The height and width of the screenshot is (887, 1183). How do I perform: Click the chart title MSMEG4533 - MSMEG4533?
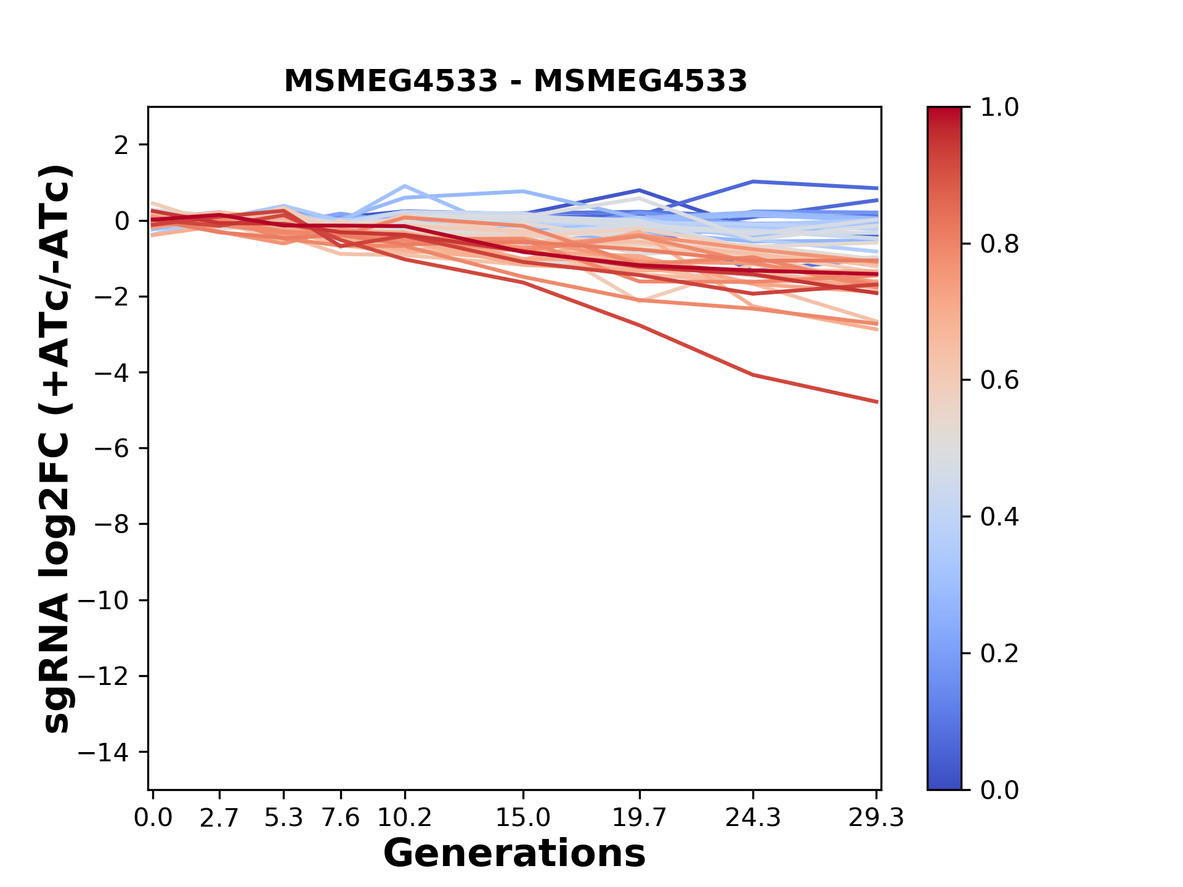point(515,81)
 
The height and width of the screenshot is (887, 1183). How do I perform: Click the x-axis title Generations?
point(514,854)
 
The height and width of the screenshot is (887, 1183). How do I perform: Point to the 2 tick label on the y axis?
point(121,145)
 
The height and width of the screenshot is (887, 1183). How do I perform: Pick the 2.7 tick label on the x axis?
point(219,818)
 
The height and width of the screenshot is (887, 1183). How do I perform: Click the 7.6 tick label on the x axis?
point(341,818)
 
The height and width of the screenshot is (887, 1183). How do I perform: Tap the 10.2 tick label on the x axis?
point(404,818)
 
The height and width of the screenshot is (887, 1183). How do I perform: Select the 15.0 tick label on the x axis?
point(523,818)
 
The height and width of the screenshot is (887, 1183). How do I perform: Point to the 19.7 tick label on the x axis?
point(640,818)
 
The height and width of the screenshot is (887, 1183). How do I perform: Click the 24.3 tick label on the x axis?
point(753,818)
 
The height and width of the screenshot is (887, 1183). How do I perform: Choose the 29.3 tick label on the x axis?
point(876,818)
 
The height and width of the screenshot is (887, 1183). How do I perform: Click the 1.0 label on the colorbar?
point(999,108)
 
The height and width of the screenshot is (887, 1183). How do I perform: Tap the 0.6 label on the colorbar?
point(999,381)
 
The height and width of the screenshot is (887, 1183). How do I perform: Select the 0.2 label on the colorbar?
point(999,654)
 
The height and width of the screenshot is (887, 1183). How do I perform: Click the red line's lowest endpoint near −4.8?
point(877,402)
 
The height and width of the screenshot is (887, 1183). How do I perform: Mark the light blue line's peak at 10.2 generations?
point(404,185)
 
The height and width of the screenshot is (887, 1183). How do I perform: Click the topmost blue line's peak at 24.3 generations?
point(753,182)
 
